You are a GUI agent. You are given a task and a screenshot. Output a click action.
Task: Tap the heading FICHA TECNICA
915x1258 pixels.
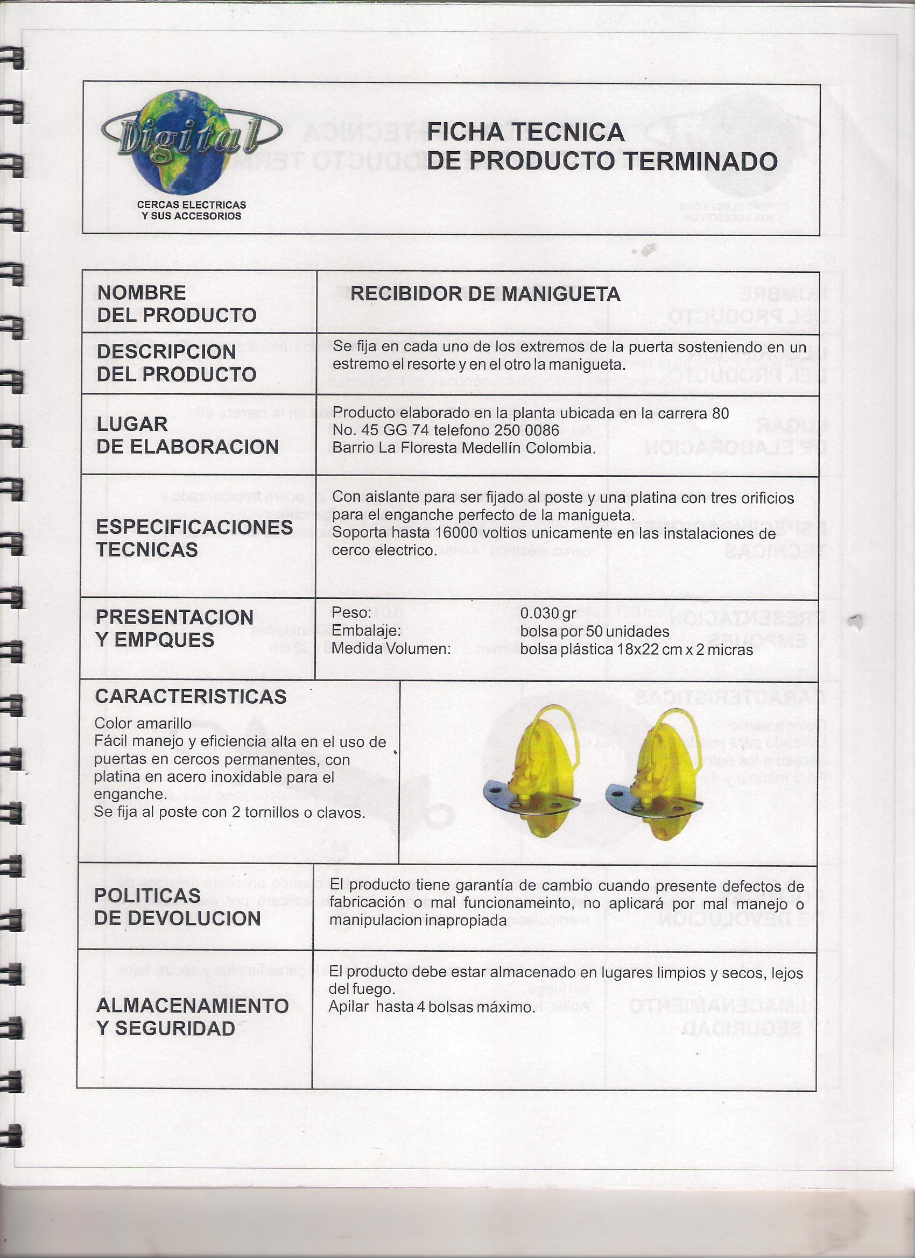pyautogui.click(x=525, y=132)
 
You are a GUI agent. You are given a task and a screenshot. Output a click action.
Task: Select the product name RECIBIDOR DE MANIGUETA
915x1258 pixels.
pyautogui.click(x=485, y=293)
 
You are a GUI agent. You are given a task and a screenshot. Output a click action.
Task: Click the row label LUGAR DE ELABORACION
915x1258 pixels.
pyautogui.click(x=187, y=435)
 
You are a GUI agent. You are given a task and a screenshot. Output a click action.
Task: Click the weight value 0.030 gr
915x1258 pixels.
pyautogui.click(x=548, y=613)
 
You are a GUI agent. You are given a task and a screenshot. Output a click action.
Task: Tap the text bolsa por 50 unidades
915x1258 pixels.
pyautogui.click(x=594, y=631)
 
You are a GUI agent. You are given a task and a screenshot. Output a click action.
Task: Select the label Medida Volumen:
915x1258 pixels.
pyautogui.click(x=391, y=648)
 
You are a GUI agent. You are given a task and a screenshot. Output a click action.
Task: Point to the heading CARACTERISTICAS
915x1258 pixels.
pyautogui.click(x=191, y=697)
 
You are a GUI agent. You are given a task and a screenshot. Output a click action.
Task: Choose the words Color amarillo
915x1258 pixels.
pyautogui.click(x=143, y=723)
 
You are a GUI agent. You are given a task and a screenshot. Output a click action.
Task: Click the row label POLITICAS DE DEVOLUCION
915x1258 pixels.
pyautogui.click(x=177, y=907)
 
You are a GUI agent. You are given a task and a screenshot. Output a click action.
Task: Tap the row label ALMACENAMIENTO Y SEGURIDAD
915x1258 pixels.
pyautogui.click(x=192, y=1017)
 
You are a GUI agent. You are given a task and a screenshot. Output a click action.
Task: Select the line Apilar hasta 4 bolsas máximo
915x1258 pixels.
pyautogui.click(x=432, y=1007)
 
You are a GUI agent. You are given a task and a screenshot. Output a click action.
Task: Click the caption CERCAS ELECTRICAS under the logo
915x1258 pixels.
pyautogui.click(x=192, y=204)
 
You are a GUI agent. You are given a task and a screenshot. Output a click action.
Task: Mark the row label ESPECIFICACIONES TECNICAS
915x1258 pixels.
pyautogui.click(x=194, y=538)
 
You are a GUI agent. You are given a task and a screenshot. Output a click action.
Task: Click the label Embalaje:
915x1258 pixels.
pyautogui.click(x=366, y=631)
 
